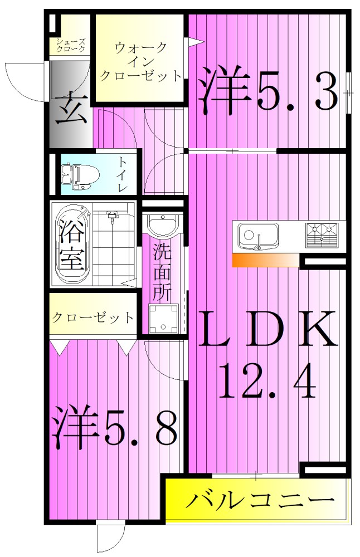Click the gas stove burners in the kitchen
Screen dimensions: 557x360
pos(323,235)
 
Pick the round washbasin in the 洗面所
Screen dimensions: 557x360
pos(163,226)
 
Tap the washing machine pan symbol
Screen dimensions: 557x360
pos(163,319)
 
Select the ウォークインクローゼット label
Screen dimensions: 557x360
pos(140,62)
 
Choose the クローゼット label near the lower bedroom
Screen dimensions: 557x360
pos(93,318)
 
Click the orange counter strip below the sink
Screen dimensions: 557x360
pos(265,260)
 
